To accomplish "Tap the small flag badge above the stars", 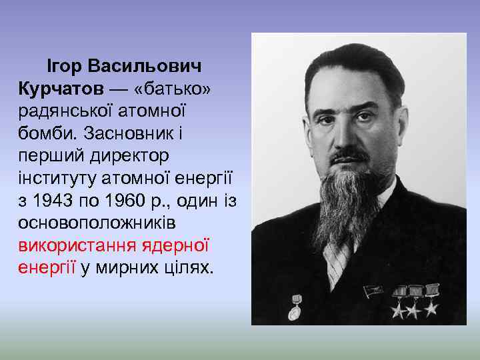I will coord(371,291).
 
